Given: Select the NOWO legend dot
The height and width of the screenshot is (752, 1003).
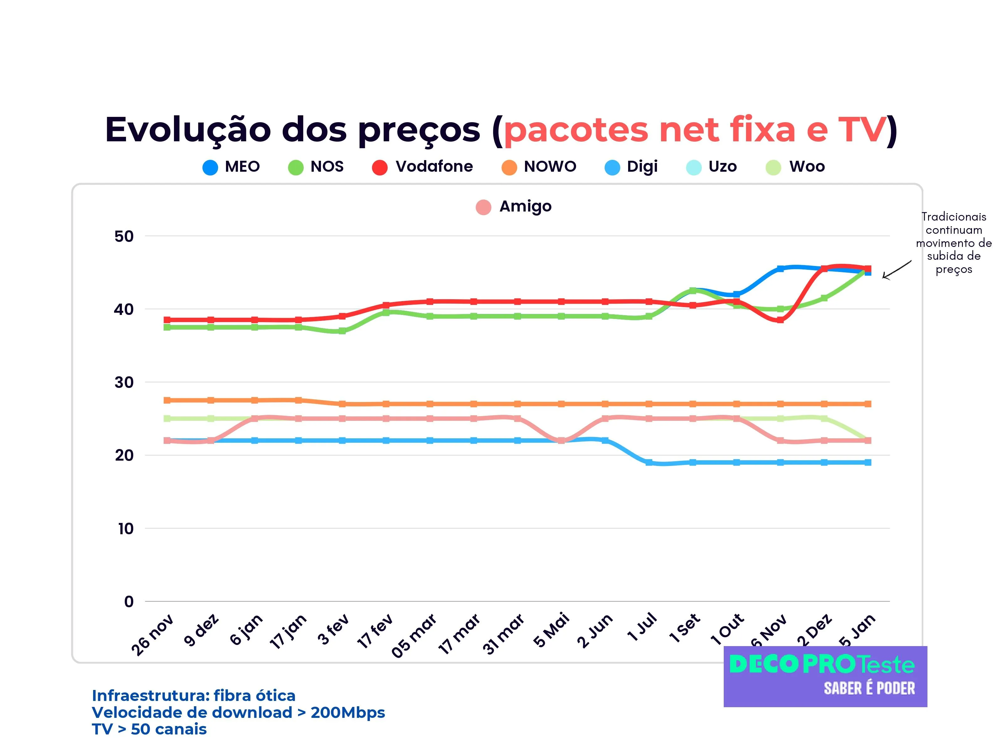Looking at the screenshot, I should [x=509, y=167].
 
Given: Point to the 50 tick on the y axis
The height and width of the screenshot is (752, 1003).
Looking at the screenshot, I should [x=124, y=236].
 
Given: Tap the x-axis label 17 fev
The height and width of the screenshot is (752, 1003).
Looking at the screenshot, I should [x=375, y=631].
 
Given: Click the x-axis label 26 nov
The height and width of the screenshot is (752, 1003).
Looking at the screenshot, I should [x=152, y=634].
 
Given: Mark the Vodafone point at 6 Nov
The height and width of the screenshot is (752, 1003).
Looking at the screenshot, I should [x=780, y=320].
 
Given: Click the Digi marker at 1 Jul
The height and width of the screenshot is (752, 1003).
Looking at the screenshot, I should [x=649, y=462].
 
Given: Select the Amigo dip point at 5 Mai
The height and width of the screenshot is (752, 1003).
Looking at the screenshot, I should [x=561, y=440].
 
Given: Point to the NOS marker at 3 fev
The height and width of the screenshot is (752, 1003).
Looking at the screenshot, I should [x=342, y=331].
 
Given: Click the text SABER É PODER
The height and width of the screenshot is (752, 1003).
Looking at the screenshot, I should [x=869, y=688].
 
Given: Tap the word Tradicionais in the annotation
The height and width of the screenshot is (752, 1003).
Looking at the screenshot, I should [x=953, y=217].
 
